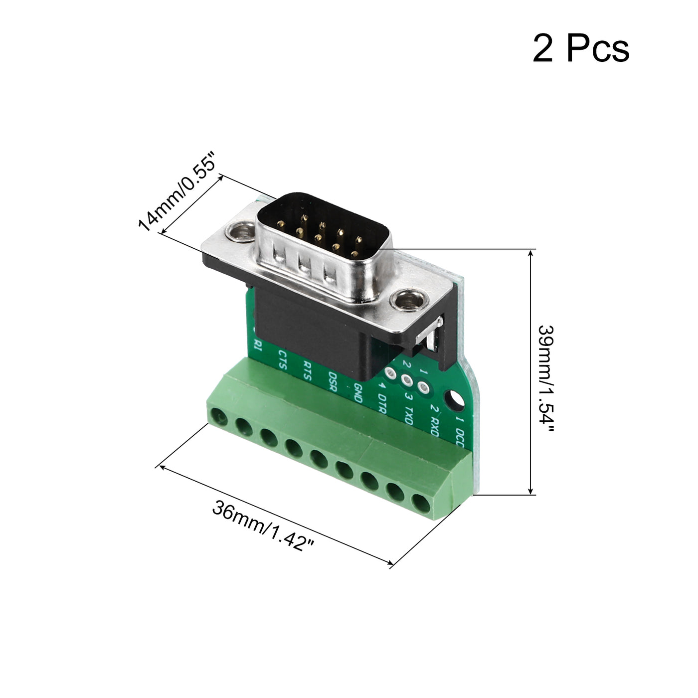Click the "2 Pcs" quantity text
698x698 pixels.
[x=581, y=49]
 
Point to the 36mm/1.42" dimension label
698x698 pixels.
[x=264, y=525]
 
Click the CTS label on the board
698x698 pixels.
[x=282, y=359]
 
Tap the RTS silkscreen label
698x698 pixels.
[x=307, y=371]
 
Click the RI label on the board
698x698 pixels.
[x=258, y=345]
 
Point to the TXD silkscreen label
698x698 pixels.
[x=409, y=414]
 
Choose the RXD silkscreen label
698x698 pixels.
[x=434, y=425]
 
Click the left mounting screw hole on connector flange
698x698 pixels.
[x=238, y=231]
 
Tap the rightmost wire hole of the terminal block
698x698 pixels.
[x=421, y=503]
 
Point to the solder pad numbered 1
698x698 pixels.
[x=423, y=387]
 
